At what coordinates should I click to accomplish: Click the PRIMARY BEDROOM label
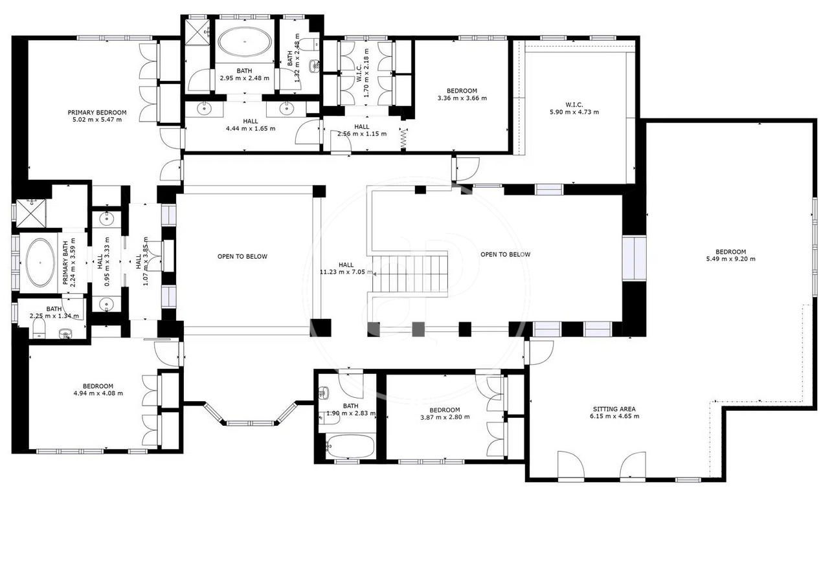coord(97,113)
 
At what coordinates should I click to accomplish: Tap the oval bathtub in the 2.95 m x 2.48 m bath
coord(244,41)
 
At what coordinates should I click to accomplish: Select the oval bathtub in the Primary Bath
coord(40,263)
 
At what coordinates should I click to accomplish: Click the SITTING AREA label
coord(614,409)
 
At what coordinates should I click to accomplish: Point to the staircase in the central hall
coord(410,274)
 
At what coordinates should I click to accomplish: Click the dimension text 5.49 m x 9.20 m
coord(730,259)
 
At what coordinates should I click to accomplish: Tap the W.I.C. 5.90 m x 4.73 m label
coord(574,109)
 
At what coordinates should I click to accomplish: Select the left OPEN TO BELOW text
coord(242,256)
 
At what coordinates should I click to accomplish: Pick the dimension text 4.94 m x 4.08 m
coord(98,393)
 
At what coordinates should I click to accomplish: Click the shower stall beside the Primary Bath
coord(31,213)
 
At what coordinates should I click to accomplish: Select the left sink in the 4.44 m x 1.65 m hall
coord(205,109)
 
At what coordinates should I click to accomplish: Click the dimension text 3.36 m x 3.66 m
coord(462,98)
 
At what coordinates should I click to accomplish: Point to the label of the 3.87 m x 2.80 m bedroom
coord(445,410)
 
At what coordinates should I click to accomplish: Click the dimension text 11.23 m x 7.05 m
coord(346,272)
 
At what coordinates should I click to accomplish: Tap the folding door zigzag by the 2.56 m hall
coord(403,139)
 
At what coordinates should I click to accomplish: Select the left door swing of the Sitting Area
coord(571,465)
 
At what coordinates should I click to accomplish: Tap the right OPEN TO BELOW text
coord(506,255)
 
